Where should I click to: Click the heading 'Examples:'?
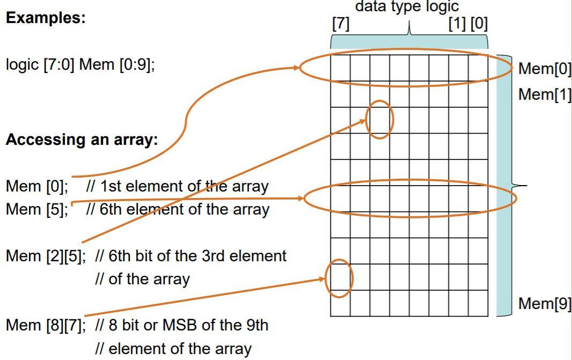pos(46,17)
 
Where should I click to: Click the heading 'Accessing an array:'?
pos(82,140)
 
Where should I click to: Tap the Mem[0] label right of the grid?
pos(544,69)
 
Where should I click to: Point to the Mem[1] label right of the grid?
pos(544,94)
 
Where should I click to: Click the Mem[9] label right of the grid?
pos(544,304)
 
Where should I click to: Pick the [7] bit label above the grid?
pos(341,25)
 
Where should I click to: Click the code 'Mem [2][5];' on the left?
pos(46,256)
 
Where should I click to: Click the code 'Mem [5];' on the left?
pos(36,209)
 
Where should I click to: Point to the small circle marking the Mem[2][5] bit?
pos(380,120)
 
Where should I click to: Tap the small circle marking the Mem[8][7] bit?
pos(340,278)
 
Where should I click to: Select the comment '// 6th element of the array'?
pos(178,209)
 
